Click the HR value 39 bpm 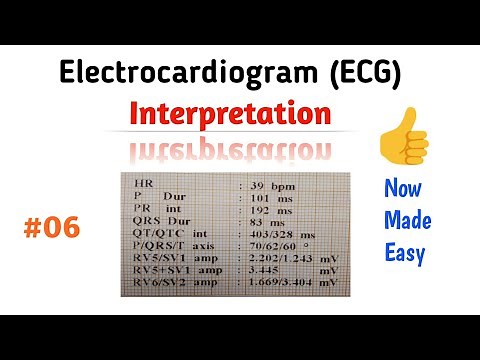click(x=269, y=186)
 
